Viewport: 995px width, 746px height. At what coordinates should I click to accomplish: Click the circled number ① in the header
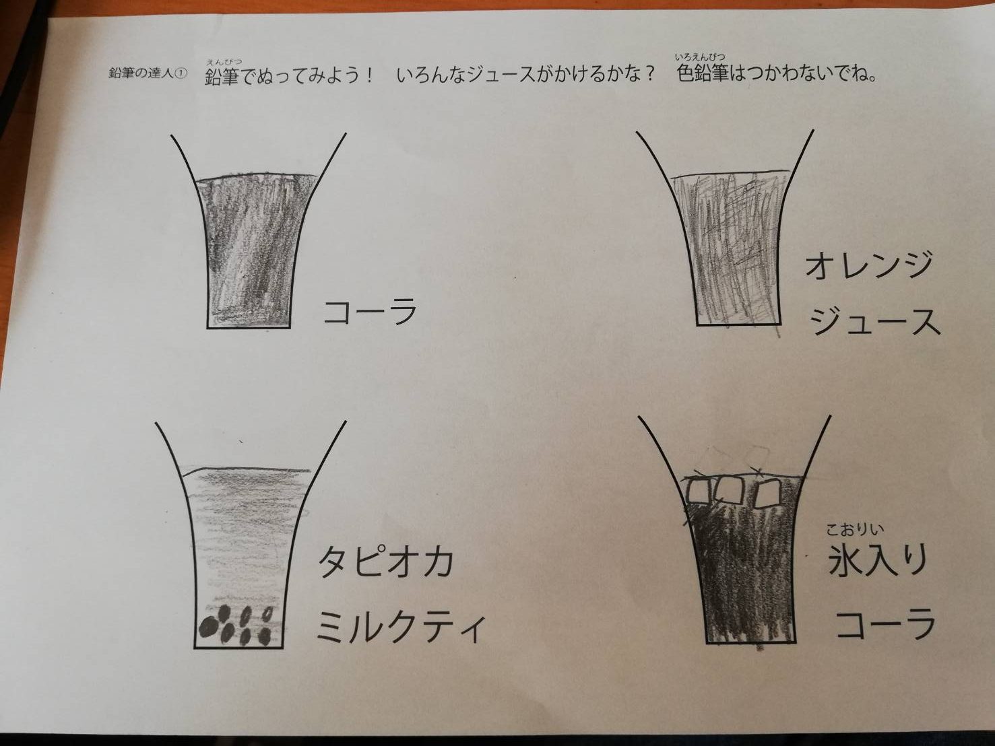pos(181,75)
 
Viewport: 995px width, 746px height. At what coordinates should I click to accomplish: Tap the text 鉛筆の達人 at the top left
pos(142,74)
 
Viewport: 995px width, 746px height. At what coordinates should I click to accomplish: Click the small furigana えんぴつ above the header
pos(224,62)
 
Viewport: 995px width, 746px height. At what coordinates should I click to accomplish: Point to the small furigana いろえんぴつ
pos(699,57)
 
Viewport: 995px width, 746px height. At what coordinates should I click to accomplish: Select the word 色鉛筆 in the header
pos(703,74)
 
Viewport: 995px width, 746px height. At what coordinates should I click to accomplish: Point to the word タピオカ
pos(386,562)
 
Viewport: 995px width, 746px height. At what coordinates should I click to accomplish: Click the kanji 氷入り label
pos(876,560)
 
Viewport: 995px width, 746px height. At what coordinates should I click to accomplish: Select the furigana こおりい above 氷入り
pos(855,529)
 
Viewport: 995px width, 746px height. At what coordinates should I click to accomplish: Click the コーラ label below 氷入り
pos(885,624)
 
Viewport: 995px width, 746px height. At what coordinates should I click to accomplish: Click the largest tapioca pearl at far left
pos(207,628)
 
